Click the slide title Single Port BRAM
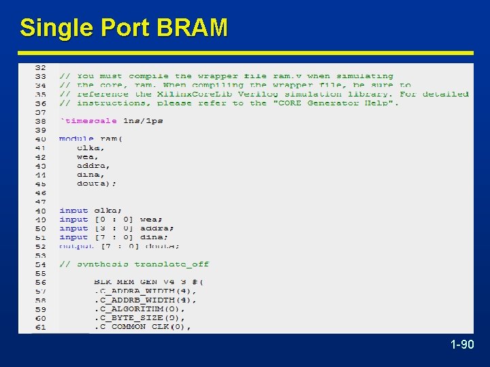pyautogui.click(x=123, y=28)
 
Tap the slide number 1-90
pyautogui.click(x=462, y=345)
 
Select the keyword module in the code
pyautogui.click(x=76, y=139)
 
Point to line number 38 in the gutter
pyautogui.click(x=40, y=120)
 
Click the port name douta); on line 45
pyautogui.click(x=97, y=183)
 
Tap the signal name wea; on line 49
pyautogui.click(x=151, y=220)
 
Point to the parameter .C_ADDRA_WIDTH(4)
pyautogui.click(x=145, y=291)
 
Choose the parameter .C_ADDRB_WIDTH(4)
pyautogui.click(x=145, y=300)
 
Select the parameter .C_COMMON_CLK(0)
pyautogui.click(x=142, y=326)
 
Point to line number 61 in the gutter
pyautogui.click(x=40, y=327)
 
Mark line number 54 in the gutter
pyautogui.click(x=40, y=264)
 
